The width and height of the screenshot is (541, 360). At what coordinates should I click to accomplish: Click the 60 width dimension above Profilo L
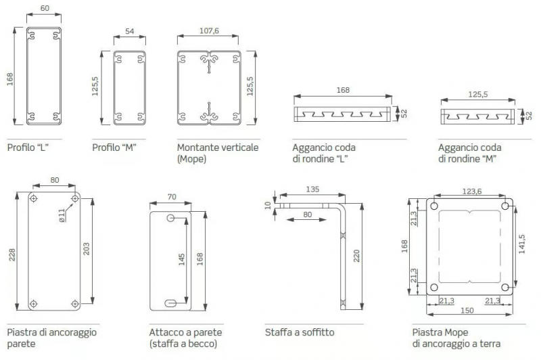(x=45, y=8)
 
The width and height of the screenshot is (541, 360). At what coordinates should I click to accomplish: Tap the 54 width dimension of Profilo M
(x=130, y=31)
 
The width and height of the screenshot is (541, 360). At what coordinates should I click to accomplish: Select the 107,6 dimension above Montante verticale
(x=209, y=30)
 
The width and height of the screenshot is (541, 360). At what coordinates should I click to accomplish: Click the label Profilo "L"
(x=28, y=148)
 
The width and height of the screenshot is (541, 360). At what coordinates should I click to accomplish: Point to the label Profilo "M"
(x=114, y=148)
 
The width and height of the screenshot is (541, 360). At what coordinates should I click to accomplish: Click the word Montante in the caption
(x=197, y=148)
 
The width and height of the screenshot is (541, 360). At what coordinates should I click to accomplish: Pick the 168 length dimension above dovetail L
(x=343, y=90)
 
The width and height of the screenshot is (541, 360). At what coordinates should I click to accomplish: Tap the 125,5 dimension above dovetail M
(x=478, y=94)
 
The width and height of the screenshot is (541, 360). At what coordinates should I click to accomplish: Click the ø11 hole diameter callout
(x=62, y=216)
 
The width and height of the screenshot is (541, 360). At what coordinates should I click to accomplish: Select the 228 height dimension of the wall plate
(x=12, y=254)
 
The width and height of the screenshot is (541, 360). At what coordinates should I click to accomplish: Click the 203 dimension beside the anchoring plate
(x=87, y=248)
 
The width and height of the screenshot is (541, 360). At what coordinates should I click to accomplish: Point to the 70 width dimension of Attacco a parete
(x=172, y=197)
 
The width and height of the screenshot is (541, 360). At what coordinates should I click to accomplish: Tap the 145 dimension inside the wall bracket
(x=182, y=260)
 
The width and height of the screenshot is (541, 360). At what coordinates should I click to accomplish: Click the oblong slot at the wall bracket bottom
(x=171, y=303)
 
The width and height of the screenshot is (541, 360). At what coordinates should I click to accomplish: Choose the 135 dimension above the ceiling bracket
(x=312, y=189)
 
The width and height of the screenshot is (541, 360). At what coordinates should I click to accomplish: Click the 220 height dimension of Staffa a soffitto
(x=356, y=256)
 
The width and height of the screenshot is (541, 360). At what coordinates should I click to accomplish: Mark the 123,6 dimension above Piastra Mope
(x=471, y=192)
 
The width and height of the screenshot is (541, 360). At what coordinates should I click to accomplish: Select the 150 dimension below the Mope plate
(x=467, y=311)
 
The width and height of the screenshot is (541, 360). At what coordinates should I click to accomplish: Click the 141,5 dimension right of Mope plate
(x=521, y=244)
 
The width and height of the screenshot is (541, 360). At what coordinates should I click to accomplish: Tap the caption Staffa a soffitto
(x=300, y=332)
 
